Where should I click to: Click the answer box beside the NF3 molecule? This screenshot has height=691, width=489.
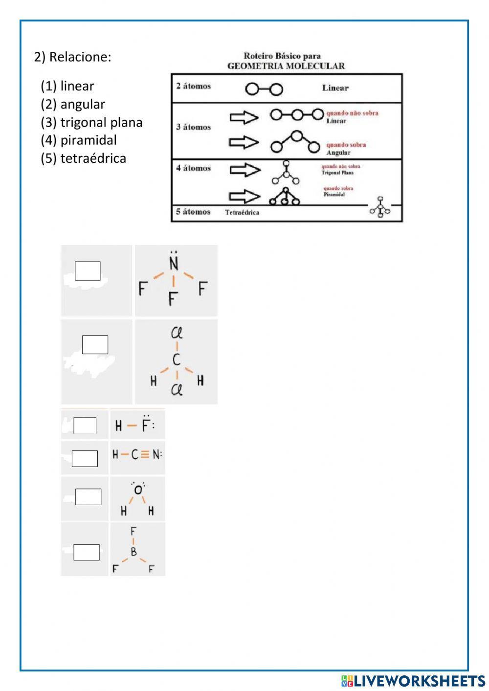[x=88, y=271]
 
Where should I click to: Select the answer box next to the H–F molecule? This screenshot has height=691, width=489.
[x=85, y=425]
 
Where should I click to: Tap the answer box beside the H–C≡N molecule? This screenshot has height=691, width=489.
[x=85, y=458]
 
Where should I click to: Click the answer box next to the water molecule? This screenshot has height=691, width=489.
[x=88, y=497]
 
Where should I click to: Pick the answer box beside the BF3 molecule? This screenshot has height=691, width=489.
[x=87, y=552]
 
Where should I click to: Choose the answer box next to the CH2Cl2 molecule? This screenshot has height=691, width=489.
[x=95, y=345]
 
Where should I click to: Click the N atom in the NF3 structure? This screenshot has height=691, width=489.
[x=174, y=264]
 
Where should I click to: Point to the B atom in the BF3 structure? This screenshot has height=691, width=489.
[x=133, y=553]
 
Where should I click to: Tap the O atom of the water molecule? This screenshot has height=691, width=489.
[x=138, y=490]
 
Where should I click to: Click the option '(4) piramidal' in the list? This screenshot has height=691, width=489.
[x=79, y=140]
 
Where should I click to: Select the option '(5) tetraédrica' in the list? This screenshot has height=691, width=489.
[x=83, y=158]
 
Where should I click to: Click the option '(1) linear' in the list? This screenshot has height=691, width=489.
[x=67, y=86]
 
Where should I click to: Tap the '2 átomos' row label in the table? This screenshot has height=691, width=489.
[x=194, y=87]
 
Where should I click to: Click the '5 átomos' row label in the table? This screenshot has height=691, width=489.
[x=194, y=212]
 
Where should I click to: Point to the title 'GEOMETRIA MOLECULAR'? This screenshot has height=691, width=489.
[x=286, y=66]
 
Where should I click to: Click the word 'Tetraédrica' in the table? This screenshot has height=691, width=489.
[x=242, y=213]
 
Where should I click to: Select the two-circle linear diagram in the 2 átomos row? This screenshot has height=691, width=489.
[x=264, y=89]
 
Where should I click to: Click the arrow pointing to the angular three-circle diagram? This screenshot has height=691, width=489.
[x=244, y=142]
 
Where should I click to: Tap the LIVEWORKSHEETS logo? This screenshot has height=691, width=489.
[x=413, y=680]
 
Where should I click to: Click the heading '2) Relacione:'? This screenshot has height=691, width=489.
[x=73, y=57]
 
